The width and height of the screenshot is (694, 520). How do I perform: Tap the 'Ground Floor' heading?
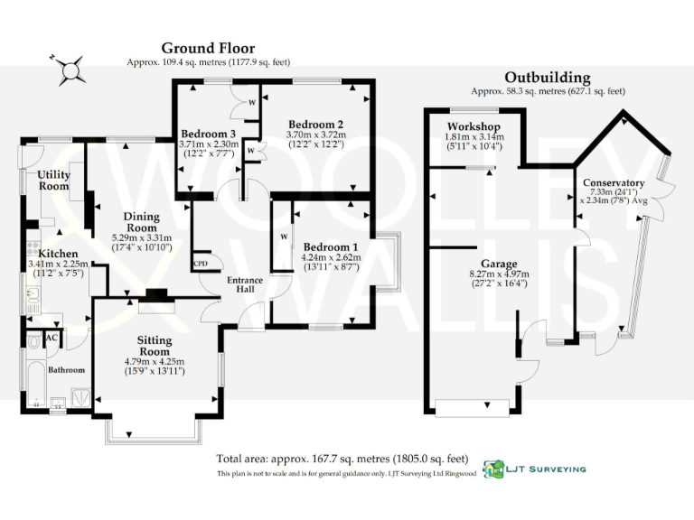pyautogui.click(x=208, y=48)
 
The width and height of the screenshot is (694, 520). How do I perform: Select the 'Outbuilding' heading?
pyautogui.click(x=548, y=78)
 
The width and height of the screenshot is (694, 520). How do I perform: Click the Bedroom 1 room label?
pyautogui.click(x=330, y=246)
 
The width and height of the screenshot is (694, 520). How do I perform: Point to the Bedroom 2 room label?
pyautogui.click(x=315, y=124)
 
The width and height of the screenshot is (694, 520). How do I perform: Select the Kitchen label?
pyautogui.click(x=57, y=254)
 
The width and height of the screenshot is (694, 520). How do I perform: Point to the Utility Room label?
pyautogui.click(x=53, y=180)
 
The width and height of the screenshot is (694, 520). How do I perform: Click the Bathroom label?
pyautogui.click(x=67, y=370)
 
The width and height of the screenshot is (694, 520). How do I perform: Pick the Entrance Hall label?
pyautogui.click(x=244, y=285)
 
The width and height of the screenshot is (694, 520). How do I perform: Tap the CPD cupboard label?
pyautogui.click(x=201, y=264)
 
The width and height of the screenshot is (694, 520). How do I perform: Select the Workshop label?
pyautogui.click(x=474, y=125)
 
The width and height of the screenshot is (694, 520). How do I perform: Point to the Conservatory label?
pyautogui.click(x=614, y=182)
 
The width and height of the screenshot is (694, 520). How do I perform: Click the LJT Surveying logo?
pyautogui.click(x=535, y=469)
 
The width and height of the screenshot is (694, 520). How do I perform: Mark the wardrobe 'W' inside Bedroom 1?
pyautogui.click(x=284, y=237)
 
